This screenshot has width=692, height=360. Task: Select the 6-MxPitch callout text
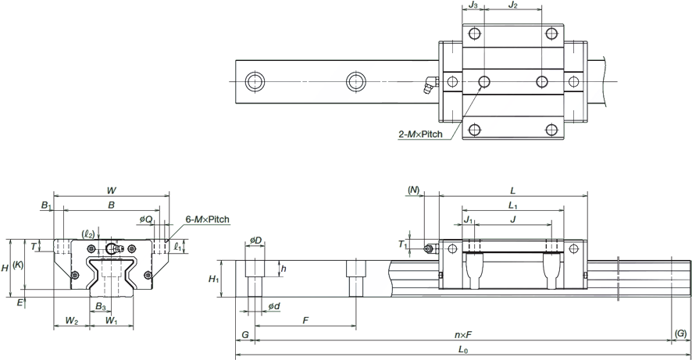208,221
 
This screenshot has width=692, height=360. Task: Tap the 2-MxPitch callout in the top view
420,134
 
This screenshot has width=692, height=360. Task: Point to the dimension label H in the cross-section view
5,267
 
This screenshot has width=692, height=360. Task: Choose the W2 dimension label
71,320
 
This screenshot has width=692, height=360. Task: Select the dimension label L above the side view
512,189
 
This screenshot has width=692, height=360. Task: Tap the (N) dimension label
414,189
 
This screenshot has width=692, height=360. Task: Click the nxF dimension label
462,336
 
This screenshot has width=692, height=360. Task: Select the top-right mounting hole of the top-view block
552,33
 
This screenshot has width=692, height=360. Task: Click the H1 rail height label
212,278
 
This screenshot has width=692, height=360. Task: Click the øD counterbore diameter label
254,239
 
